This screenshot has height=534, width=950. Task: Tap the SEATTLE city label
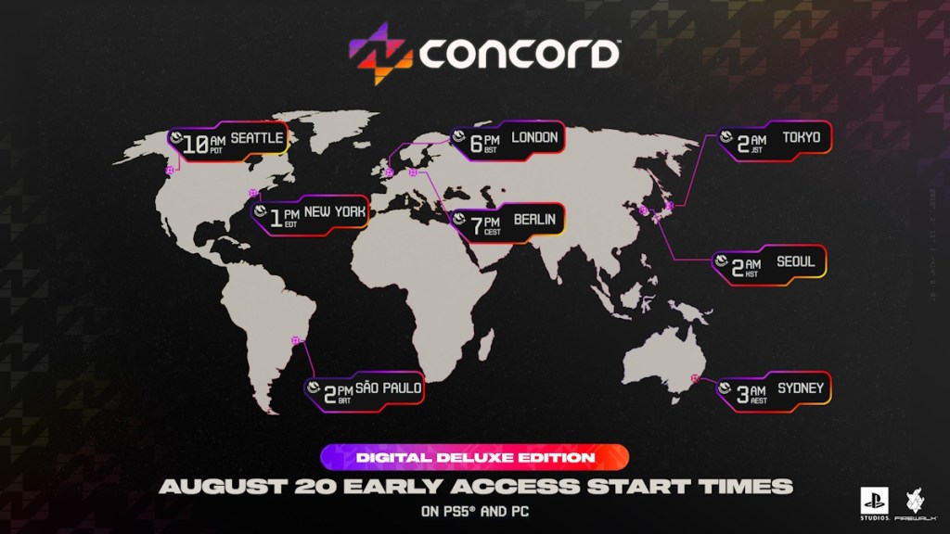tap(258, 138)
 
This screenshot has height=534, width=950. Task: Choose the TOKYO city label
tap(801, 138)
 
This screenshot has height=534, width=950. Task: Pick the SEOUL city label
tap(796, 262)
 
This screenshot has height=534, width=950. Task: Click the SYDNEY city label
tap(800, 388)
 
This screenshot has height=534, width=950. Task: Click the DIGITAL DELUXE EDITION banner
tap(475, 457)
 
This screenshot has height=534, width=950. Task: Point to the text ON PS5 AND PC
tap(474, 511)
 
